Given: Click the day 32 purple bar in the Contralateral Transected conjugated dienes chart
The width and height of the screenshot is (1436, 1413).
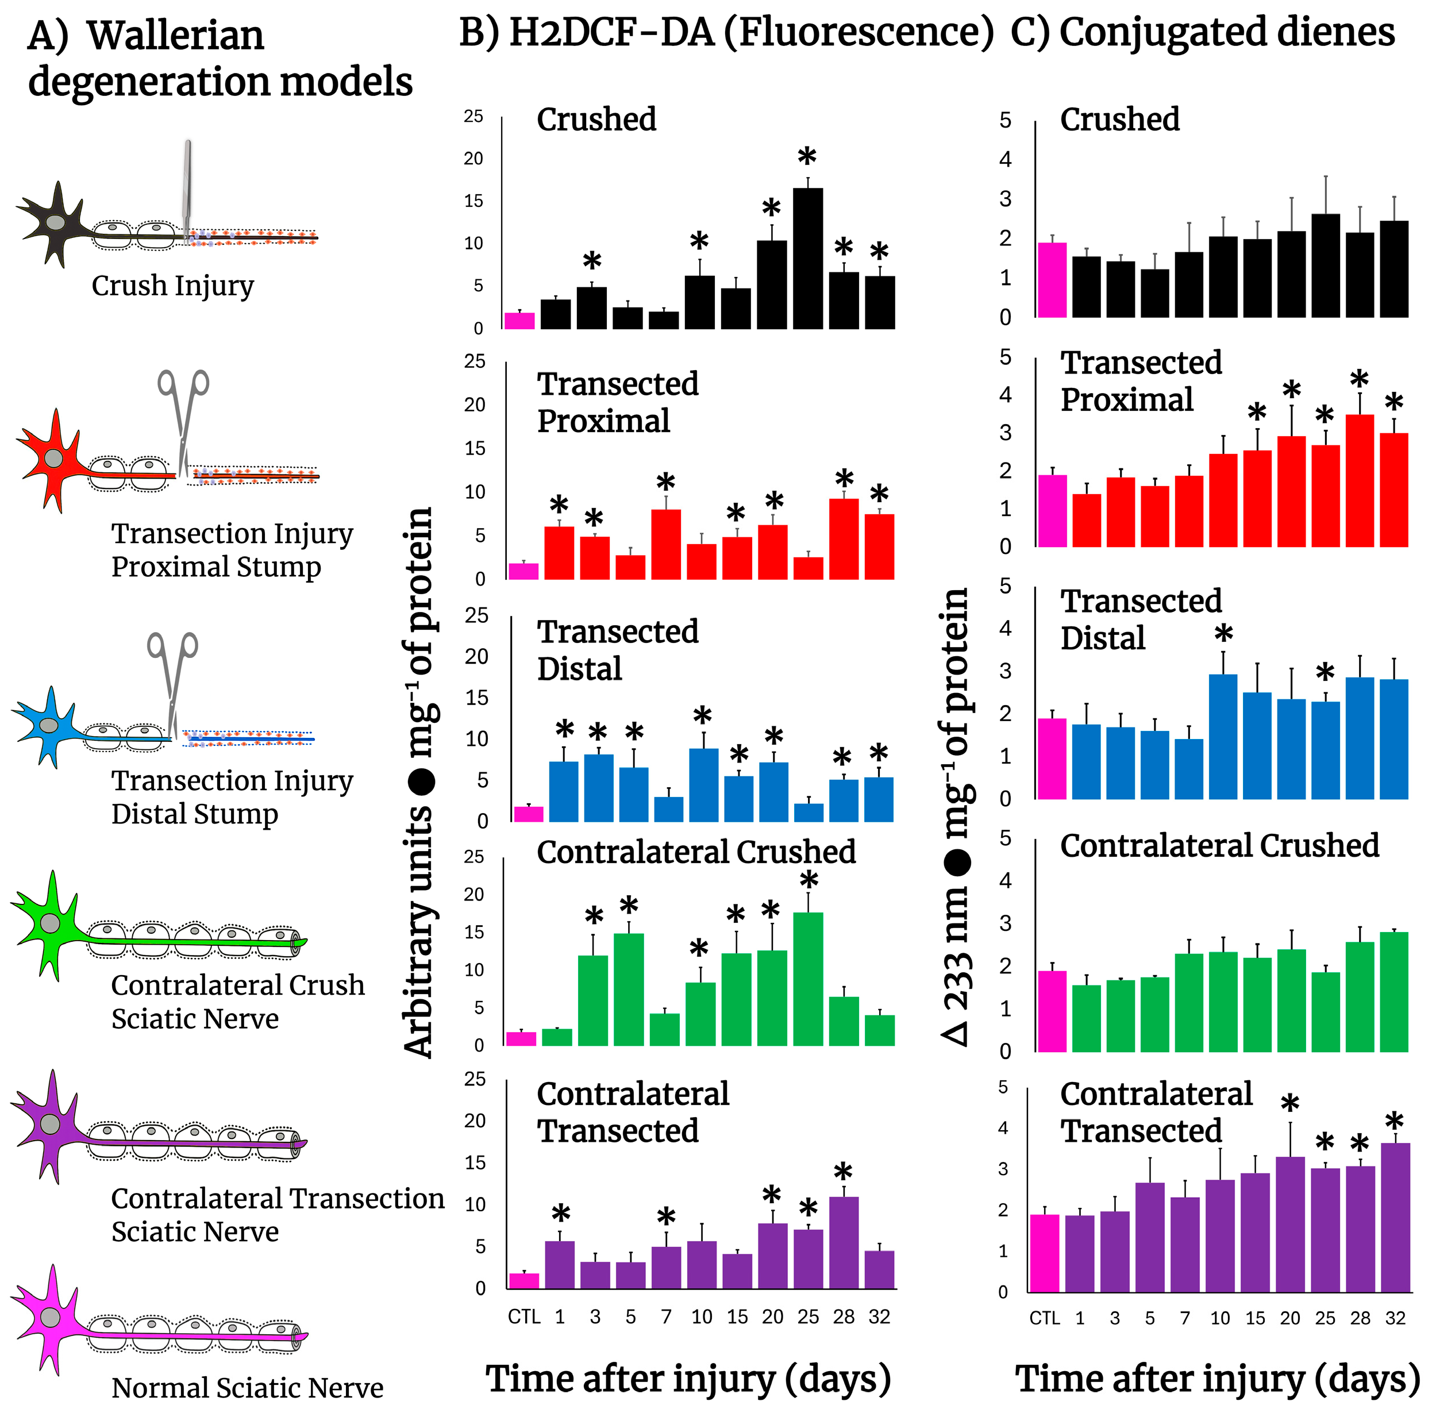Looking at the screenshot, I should point(1395,1217).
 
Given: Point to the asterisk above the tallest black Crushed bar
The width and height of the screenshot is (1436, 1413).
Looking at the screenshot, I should point(807,157).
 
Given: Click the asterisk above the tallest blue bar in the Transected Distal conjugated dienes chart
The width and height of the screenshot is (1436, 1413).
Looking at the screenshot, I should point(1223,634).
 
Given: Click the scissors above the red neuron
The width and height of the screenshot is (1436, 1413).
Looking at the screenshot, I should point(183,415).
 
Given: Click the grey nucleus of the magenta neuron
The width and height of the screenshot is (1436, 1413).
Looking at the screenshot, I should point(51,1316).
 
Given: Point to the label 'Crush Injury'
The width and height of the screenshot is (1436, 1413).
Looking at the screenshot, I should point(172,286).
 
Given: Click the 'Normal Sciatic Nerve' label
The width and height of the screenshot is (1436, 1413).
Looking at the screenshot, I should point(247,1387).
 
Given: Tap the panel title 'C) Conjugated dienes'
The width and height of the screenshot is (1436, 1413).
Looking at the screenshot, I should point(1202,33).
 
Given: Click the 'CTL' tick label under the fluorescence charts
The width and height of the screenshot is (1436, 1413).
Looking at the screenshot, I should point(524,1316).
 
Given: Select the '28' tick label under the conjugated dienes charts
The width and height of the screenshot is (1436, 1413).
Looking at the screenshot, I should point(1360,1318).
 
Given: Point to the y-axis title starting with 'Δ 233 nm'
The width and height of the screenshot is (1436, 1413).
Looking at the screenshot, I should point(956,817).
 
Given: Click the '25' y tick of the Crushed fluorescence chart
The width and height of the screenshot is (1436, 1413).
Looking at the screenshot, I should point(473,117).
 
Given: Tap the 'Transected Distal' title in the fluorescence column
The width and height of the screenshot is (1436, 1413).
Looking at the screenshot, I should point(618,649).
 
